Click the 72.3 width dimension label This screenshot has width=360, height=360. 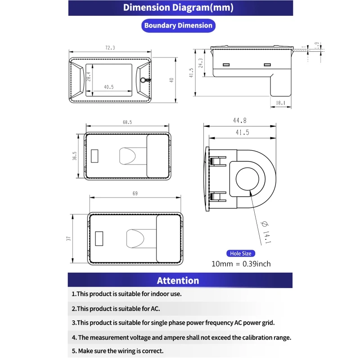110,48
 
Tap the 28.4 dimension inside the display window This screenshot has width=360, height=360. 89,77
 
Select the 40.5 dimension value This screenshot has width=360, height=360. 108,87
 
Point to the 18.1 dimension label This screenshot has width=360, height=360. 280,103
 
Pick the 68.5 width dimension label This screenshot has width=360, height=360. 127,122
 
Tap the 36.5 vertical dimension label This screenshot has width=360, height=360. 75,156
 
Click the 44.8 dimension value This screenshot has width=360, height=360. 239,121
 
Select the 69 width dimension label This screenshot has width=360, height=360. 135,193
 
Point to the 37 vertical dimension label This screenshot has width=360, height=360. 69,238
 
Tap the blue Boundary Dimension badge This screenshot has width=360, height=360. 178,26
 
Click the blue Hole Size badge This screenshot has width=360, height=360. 241,253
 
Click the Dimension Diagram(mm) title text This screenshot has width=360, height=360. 178,8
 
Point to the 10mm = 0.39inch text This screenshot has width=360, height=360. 241,264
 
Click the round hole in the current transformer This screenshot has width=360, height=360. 247,179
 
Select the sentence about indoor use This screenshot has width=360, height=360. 126,294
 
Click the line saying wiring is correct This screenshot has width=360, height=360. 117,351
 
